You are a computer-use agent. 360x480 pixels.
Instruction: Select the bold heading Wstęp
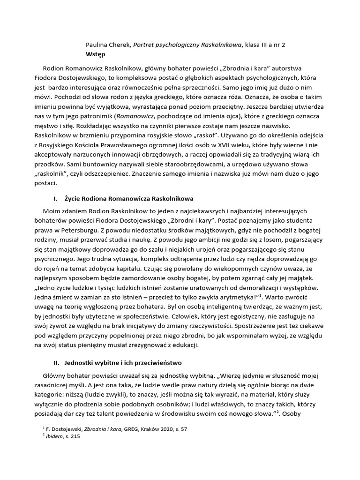click(x=96, y=54)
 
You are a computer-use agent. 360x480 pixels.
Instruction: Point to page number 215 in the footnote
click(x=75, y=436)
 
